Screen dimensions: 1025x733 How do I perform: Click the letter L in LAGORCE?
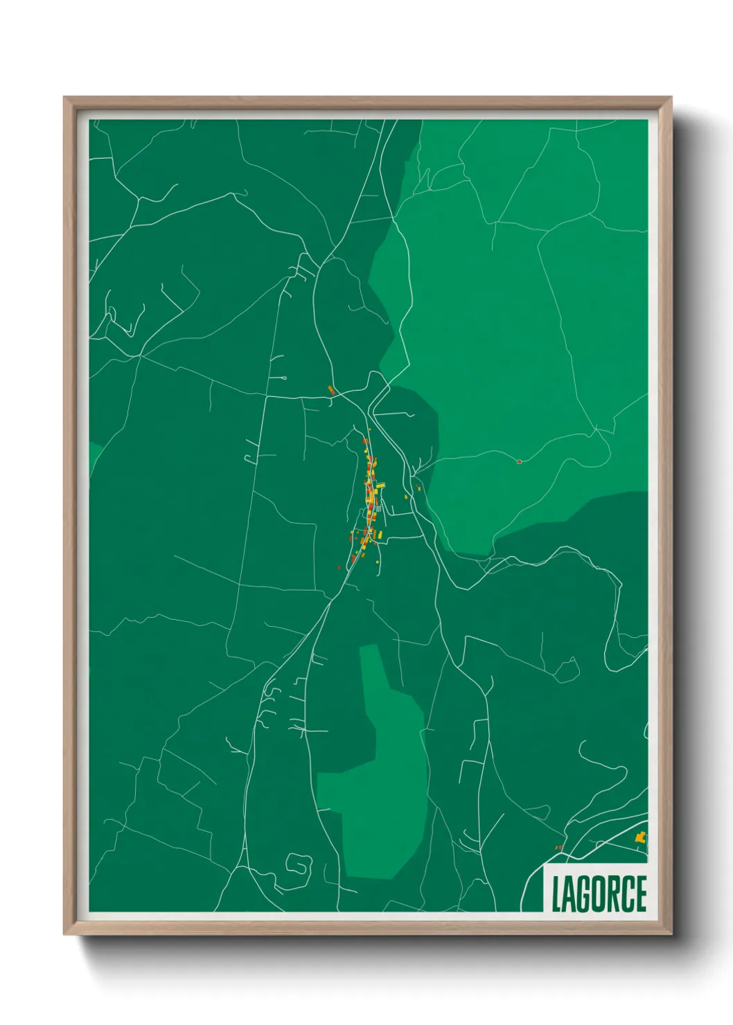(x=556, y=894)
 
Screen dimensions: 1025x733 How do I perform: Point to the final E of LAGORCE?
(x=641, y=894)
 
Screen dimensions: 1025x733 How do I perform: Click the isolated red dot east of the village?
(x=519, y=461)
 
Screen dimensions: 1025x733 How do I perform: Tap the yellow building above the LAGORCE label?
(x=641, y=837)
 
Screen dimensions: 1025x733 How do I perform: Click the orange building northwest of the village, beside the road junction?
(x=331, y=390)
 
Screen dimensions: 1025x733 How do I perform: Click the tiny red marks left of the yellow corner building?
(x=558, y=847)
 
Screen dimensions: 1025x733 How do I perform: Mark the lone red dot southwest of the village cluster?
(x=339, y=567)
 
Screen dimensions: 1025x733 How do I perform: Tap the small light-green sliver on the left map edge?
(x=95, y=454)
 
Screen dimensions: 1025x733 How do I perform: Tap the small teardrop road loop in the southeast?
(x=567, y=670)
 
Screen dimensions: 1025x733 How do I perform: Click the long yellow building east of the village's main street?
(x=380, y=485)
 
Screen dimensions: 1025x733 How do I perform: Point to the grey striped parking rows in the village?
(x=377, y=509)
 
